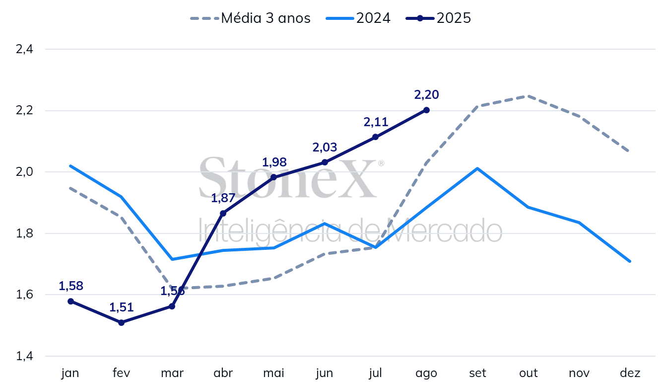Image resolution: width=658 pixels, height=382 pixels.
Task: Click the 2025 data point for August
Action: click(x=426, y=110)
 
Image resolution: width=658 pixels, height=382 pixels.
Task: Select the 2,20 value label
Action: click(x=426, y=94)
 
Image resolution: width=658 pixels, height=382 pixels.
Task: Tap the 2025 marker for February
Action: click(x=121, y=322)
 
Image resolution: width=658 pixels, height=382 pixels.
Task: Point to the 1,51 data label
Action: click(x=121, y=307)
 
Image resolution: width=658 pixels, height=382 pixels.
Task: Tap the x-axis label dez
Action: click(x=630, y=373)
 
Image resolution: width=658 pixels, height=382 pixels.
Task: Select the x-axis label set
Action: click(x=477, y=373)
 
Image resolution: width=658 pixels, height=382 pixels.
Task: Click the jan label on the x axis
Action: click(x=70, y=373)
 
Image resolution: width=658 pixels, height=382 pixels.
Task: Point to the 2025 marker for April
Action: click(x=223, y=213)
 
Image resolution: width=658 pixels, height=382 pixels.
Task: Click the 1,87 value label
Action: click(x=223, y=198)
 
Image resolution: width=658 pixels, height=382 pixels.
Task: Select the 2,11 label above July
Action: click(x=376, y=122)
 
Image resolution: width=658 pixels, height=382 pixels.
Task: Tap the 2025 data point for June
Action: click(x=325, y=162)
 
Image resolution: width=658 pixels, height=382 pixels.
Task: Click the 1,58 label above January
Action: click(x=71, y=286)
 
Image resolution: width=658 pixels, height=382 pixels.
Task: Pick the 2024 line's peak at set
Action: click(x=477, y=168)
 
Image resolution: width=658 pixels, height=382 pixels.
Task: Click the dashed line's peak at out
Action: click(x=528, y=96)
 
